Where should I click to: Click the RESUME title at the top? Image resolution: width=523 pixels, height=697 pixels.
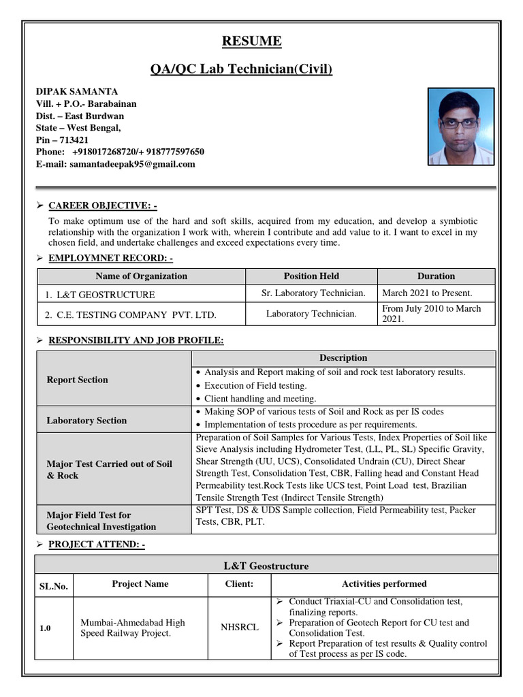pyautogui.click(x=252, y=42)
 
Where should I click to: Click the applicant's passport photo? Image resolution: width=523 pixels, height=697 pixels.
pyautogui.click(x=460, y=127)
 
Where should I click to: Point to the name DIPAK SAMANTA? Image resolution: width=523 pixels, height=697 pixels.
pyautogui.click(x=77, y=91)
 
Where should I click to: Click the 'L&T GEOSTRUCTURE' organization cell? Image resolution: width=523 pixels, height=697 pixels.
pyautogui.click(x=100, y=295)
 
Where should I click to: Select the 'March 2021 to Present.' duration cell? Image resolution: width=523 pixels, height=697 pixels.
pyautogui.click(x=427, y=293)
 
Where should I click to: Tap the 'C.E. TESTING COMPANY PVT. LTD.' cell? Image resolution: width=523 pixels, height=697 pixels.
pyautogui.click(x=131, y=315)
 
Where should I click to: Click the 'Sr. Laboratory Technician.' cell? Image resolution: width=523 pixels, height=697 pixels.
pyautogui.click(x=313, y=293)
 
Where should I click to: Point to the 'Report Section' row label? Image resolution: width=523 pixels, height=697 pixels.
pyautogui.click(x=77, y=380)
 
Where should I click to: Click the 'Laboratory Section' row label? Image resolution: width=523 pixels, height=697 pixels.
pyautogui.click(x=86, y=421)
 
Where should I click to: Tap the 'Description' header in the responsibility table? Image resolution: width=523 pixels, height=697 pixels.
pyautogui.click(x=343, y=358)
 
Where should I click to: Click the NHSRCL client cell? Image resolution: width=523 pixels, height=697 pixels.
pyautogui.click(x=239, y=628)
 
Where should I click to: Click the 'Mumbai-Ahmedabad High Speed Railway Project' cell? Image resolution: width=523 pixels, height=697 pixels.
pyautogui.click(x=132, y=628)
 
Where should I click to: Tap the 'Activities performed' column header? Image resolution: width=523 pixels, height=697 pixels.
pyautogui.click(x=384, y=583)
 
